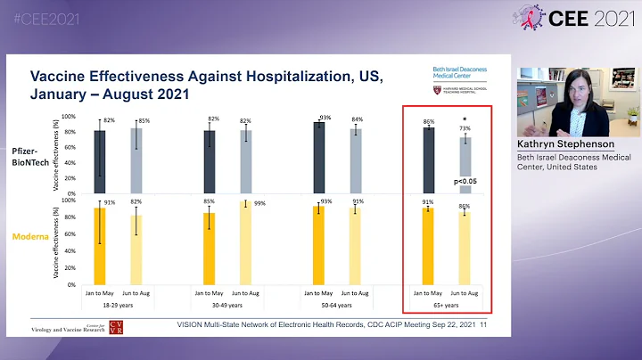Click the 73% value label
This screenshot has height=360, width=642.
pyautogui.click(x=465, y=128)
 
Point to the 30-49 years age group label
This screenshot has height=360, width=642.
pyautogui.click(x=226, y=306)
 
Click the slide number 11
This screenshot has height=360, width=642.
pyautogui.click(x=484, y=325)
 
